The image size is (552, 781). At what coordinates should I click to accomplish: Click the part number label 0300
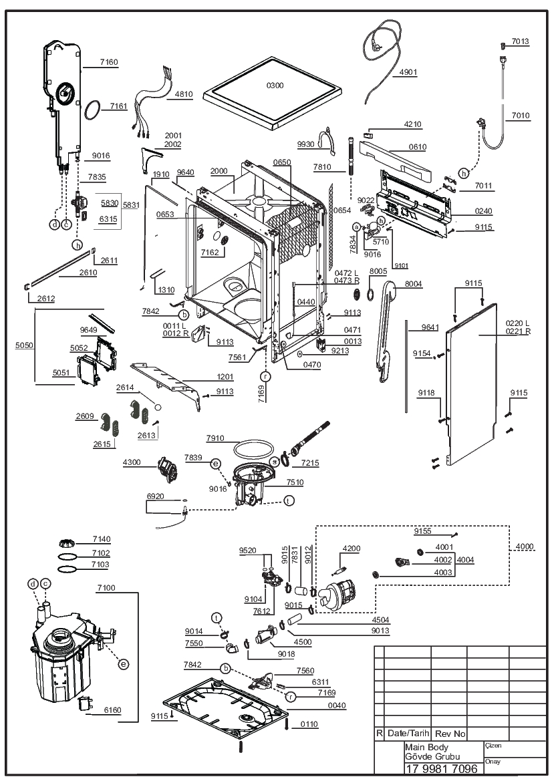tap(275, 86)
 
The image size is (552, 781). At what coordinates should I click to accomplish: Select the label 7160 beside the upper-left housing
tap(109, 62)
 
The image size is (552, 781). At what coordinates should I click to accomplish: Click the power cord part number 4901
tap(408, 72)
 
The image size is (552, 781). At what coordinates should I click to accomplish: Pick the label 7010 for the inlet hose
tap(520, 116)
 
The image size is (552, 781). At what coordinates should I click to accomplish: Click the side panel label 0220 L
tap(518, 324)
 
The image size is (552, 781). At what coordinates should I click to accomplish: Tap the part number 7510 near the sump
tap(295, 482)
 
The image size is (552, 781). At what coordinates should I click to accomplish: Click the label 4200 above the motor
tap(352, 549)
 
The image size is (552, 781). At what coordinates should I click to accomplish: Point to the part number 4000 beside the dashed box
tap(524, 546)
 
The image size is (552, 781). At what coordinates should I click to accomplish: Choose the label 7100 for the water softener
tap(106, 588)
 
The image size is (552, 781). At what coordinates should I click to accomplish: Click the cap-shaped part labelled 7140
tap(67, 542)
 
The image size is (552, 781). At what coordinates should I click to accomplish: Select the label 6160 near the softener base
tap(112, 710)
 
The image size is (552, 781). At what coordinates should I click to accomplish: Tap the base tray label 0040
tap(337, 706)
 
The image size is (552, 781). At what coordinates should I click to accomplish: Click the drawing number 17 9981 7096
tap(442, 768)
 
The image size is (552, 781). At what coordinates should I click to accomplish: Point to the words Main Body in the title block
tap(426, 747)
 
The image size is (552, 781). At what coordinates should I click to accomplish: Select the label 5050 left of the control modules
tap(24, 345)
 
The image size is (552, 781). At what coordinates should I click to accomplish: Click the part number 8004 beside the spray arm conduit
tap(413, 284)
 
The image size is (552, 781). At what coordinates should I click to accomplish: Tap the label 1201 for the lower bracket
tap(225, 377)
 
